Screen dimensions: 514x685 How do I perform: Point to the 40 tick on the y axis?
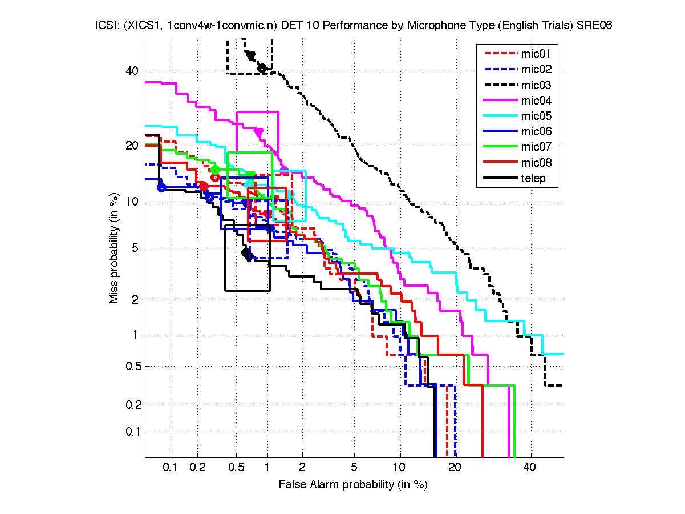tap(133, 71)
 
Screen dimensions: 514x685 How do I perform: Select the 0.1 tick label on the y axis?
tap(130, 432)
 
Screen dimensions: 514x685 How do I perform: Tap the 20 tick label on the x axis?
tap(454, 468)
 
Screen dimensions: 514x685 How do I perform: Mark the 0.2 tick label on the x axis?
tap(198, 468)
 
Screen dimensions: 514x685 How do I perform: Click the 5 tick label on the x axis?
tap(354, 468)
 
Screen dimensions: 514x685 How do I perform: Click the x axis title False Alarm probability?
tap(352, 485)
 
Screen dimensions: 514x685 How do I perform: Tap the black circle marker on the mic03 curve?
tap(262, 68)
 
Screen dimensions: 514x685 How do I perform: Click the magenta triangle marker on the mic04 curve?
tap(259, 132)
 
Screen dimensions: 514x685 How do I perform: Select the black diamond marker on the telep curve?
tap(246, 252)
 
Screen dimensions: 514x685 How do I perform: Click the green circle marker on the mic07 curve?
tap(215, 170)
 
